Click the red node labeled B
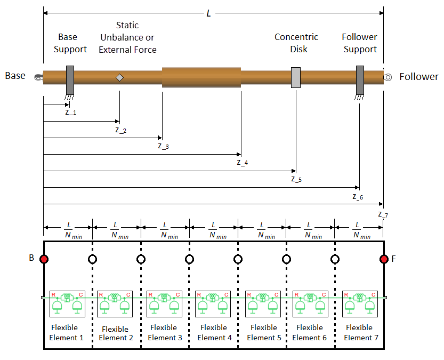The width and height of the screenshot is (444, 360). pyautogui.click(x=44, y=259)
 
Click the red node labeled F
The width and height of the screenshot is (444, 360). pyautogui.click(x=384, y=259)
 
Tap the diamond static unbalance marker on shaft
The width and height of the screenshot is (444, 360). pyautogui.click(x=120, y=78)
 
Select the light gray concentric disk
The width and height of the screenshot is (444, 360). pyautogui.click(x=296, y=78)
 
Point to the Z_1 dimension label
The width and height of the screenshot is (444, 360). pyautogui.click(x=70, y=112)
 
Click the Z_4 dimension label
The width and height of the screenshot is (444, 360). pyautogui.click(x=243, y=162)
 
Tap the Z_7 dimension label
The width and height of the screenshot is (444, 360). pyautogui.click(x=383, y=214)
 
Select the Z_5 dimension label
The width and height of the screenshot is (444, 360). pyautogui.click(x=296, y=179)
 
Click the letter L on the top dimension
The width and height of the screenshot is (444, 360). pyautogui.click(x=208, y=13)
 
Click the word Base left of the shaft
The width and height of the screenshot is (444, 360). pyautogui.click(x=15, y=76)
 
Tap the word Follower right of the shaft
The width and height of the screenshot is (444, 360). pyautogui.click(x=419, y=76)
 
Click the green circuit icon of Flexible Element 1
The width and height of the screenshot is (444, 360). pyautogui.click(x=67, y=302)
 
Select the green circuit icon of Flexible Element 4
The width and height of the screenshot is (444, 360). pyautogui.click(x=213, y=302)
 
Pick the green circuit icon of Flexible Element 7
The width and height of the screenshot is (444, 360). pyautogui.click(x=359, y=302)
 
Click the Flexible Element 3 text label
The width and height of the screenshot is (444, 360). pyautogui.click(x=165, y=333)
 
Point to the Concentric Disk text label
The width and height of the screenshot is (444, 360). pyautogui.click(x=296, y=43)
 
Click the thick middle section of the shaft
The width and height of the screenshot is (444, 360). pyautogui.click(x=201, y=77)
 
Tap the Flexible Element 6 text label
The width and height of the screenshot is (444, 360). pyautogui.click(x=310, y=333)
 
